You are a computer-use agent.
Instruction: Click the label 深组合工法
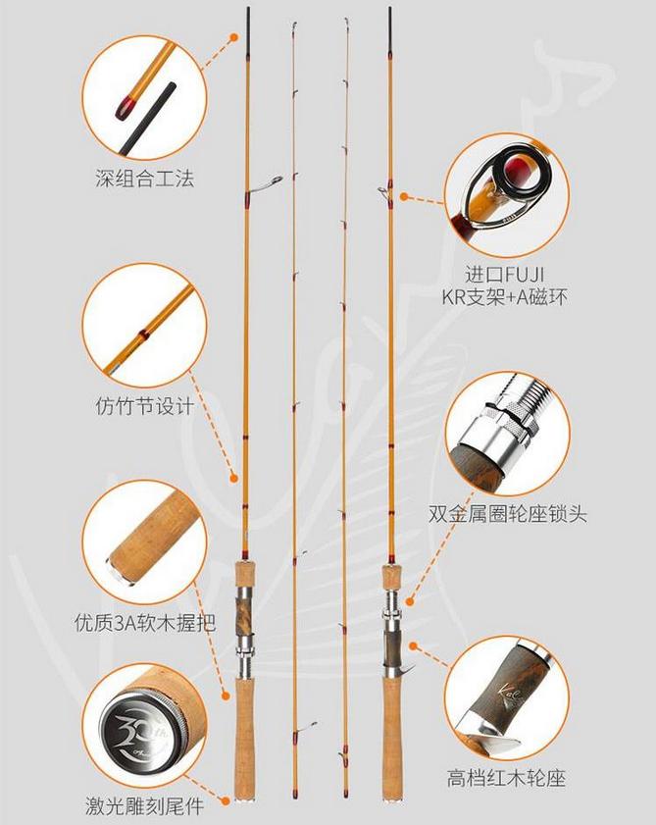(x=144, y=179)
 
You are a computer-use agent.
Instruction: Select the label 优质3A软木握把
(x=144, y=621)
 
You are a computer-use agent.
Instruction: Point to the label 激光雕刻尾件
(x=144, y=807)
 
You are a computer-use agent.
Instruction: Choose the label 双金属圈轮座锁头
(x=508, y=513)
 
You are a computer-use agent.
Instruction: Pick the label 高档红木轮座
(x=508, y=779)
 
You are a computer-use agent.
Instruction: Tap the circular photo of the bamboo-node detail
(x=144, y=325)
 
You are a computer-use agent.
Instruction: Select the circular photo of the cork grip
(x=144, y=541)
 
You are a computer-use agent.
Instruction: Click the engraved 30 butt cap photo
(x=144, y=727)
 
